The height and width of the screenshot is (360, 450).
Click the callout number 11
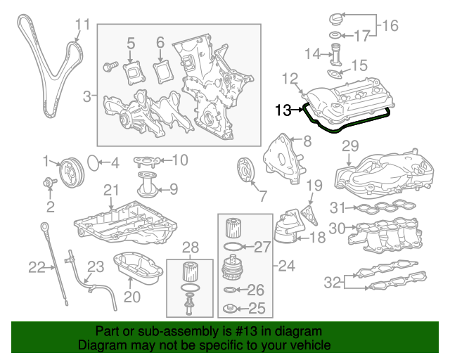[x=83, y=25]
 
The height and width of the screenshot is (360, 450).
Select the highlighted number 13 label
[x=283, y=110]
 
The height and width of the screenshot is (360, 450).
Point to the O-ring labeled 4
[x=93, y=164]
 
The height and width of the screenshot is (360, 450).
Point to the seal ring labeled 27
[x=234, y=247]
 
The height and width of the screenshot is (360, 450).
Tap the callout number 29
[x=349, y=146]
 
